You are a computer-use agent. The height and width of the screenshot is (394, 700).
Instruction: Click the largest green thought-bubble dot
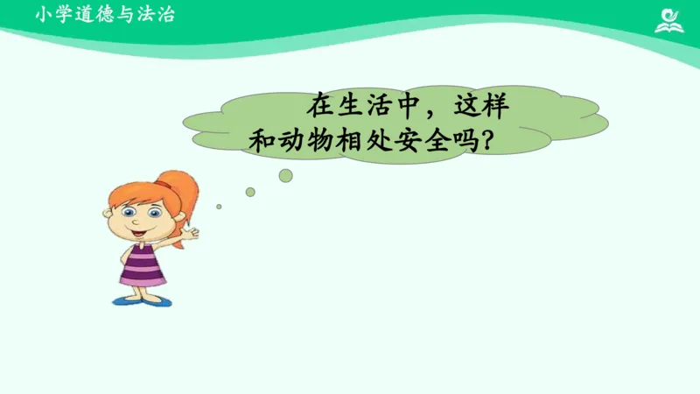285,175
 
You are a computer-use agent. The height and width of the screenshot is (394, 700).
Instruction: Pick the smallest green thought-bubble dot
219,207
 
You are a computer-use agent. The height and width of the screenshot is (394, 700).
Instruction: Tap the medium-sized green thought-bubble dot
250,192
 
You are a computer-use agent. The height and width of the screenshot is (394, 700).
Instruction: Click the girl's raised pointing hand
192,234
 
